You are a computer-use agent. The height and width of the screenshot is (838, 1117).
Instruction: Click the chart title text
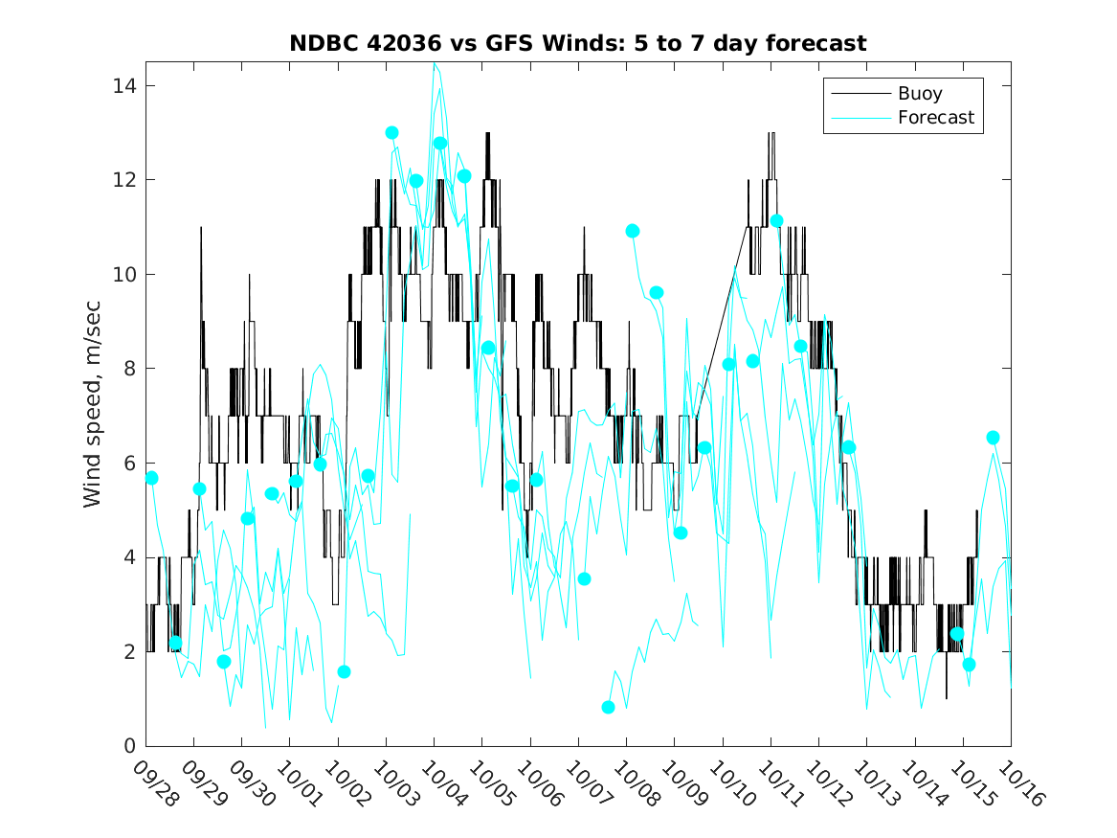[x=578, y=43]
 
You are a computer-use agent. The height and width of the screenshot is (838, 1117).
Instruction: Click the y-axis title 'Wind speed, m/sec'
[x=92, y=403]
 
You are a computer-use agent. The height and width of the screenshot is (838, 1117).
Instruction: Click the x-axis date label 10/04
[x=444, y=784]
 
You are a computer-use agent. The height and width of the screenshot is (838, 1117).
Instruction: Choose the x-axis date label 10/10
[x=732, y=784]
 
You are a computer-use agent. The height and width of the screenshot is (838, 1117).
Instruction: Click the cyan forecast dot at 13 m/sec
[x=391, y=133]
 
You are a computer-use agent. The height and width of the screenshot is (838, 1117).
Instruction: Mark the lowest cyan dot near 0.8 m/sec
[x=608, y=708]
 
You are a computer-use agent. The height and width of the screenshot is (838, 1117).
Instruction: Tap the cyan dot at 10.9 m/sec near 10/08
[x=632, y=231]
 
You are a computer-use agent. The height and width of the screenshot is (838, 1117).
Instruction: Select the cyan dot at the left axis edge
[x=151, y=478]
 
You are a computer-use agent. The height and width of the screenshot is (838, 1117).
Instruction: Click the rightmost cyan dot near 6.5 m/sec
[x=993, y=438]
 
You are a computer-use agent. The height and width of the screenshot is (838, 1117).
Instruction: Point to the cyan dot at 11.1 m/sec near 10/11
[x=776, y=221]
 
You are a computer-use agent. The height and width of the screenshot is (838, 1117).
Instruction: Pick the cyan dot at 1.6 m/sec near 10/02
[x=344, y=671]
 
